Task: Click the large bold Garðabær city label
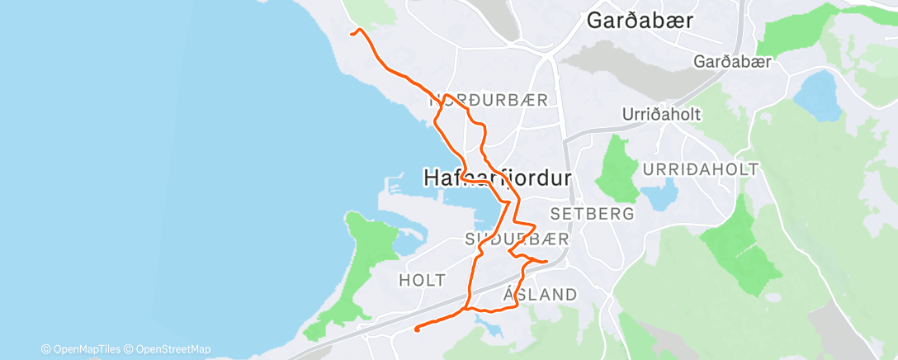tap(639, 21)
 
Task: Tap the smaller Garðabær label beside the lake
tap(731, 62)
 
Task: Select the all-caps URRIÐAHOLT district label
tap(700, 169)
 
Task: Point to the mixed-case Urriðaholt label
tap(662, 115)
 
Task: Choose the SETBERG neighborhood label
tap(592, 213)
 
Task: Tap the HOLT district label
tap(422, 280)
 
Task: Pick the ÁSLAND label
tap(540, 295)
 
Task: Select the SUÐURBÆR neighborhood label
tap(517, 239)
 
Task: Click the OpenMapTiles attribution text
tap(81, 349)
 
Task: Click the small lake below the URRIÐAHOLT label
tap(659, 197)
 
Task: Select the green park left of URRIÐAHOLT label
tap(617, 168)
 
